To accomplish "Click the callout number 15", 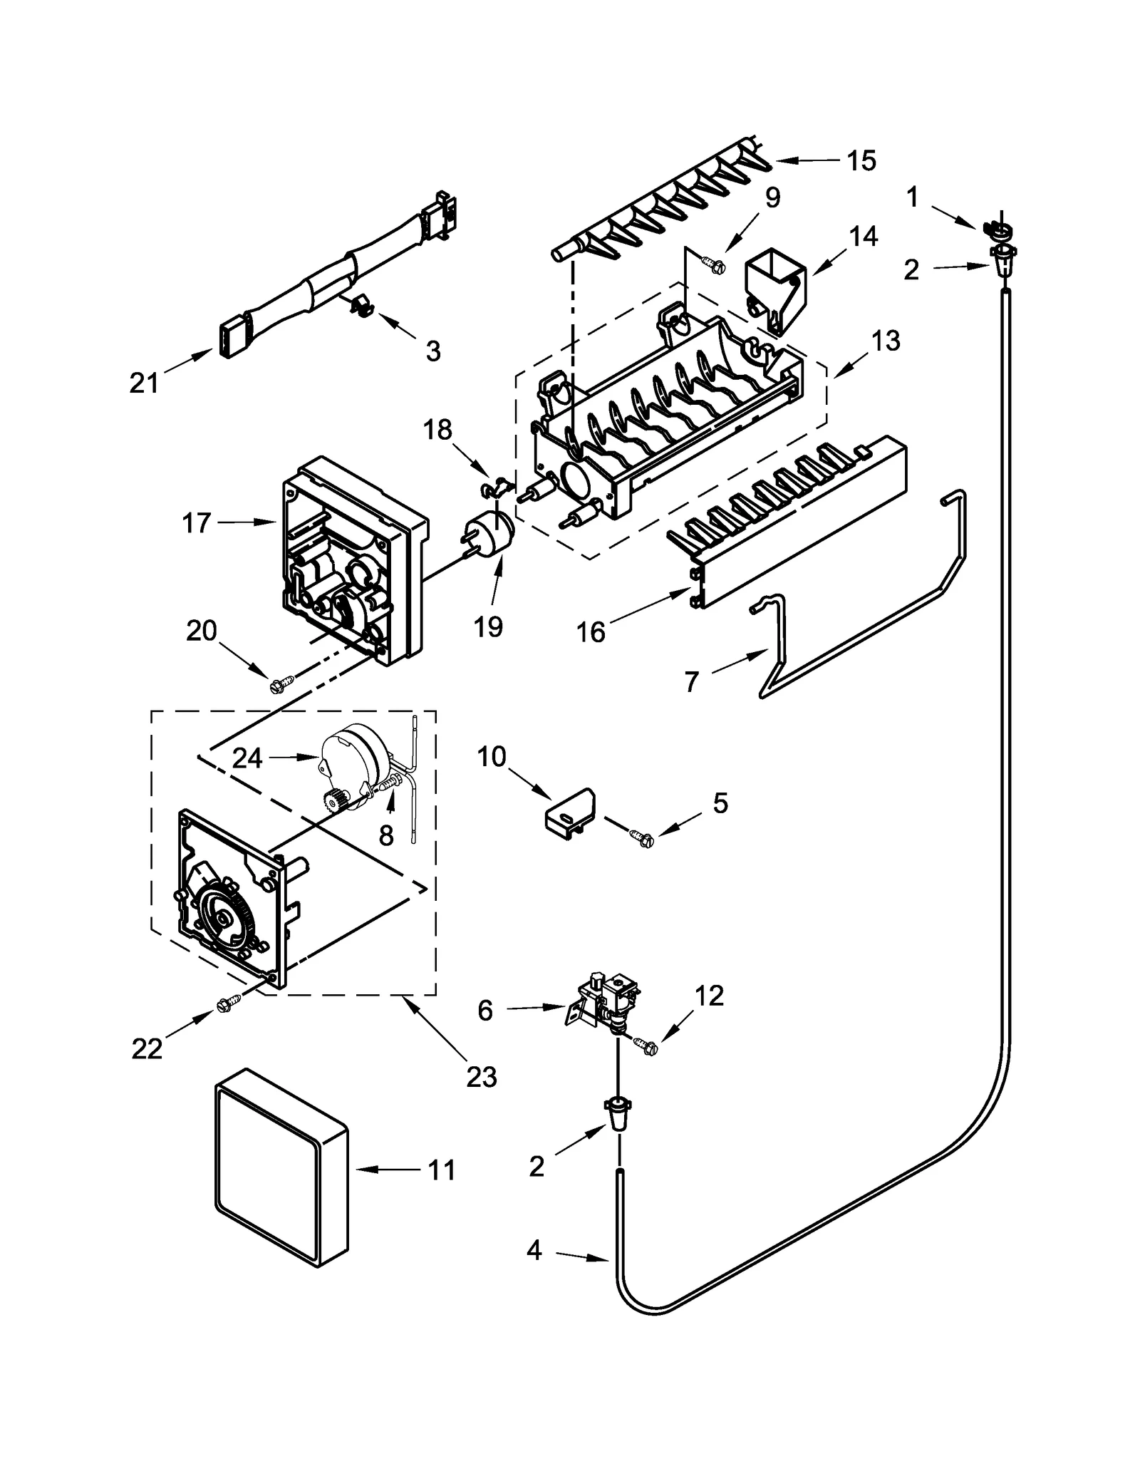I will [861, 161].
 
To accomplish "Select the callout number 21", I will [145, 383].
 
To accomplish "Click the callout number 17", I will [197, 523].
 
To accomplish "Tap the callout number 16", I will [591, 631].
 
